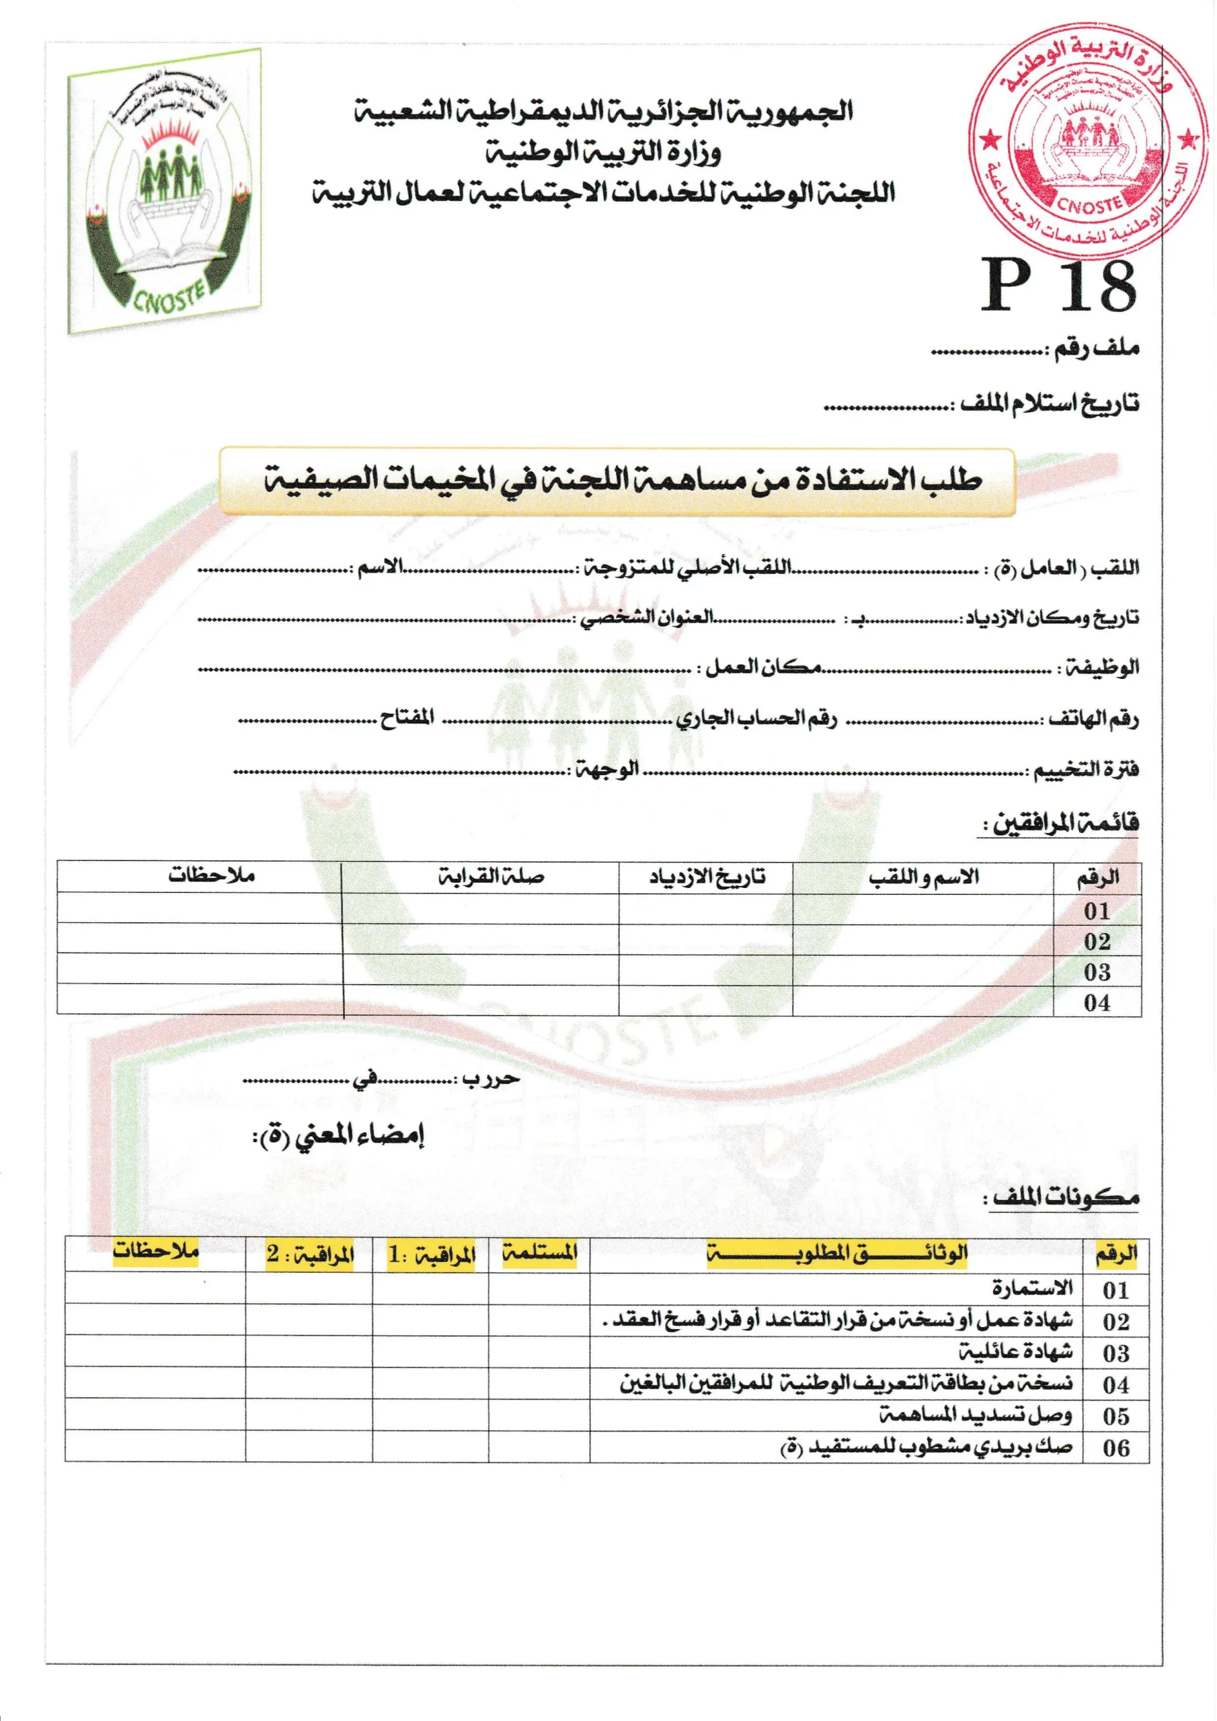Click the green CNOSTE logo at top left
[x=165, y=191]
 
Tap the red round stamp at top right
[x=1087, y=141]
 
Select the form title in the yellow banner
[x=623, y=481]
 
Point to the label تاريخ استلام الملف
[x=1050, y=403]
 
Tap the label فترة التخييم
[x=1087, y=770]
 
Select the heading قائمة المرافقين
[x=1066, y=824]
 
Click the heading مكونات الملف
[x=1066, y=1197]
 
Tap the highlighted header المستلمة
[x=540, y=1252]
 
